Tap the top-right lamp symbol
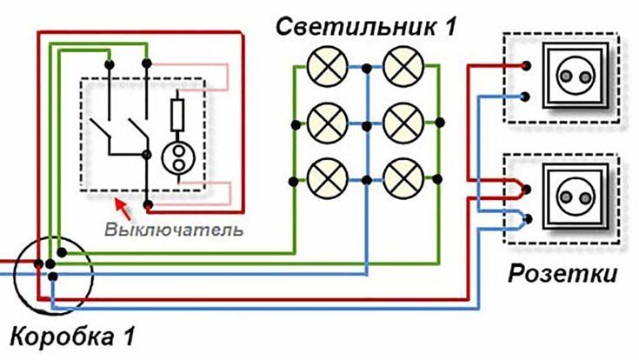[x=404, y=67]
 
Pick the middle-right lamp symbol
[x=404, y=123]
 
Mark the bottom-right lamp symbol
[x=404, y=179]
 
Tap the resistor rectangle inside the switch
[x=177, y=116]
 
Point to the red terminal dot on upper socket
[x=528, y=65]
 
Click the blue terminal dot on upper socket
[x=528, y=95]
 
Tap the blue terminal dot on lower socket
[x=528, y=215]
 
